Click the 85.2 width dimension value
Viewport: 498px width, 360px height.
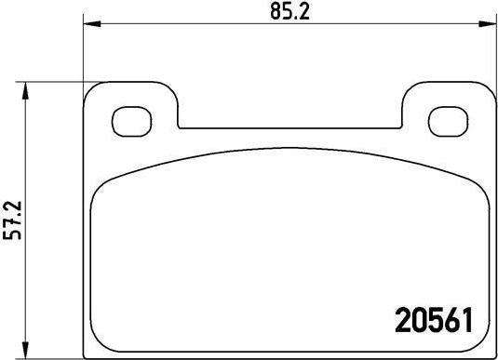click(x=290, y=12)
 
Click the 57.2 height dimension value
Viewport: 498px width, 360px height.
click(x=12, y=220)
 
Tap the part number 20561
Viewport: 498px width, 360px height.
click(x=434, y=321)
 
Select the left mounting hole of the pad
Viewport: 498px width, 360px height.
click(x=132, y=122)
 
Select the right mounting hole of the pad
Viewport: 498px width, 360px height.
click(x=448, y=122)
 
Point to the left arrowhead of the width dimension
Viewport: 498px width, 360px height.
click(x=92, y=23)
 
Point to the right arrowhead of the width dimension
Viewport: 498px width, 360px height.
click(x=488, y=23)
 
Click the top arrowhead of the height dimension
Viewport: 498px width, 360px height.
click(x=25, y=91)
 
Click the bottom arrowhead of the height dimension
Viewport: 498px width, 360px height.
click(x=25, y=350)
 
